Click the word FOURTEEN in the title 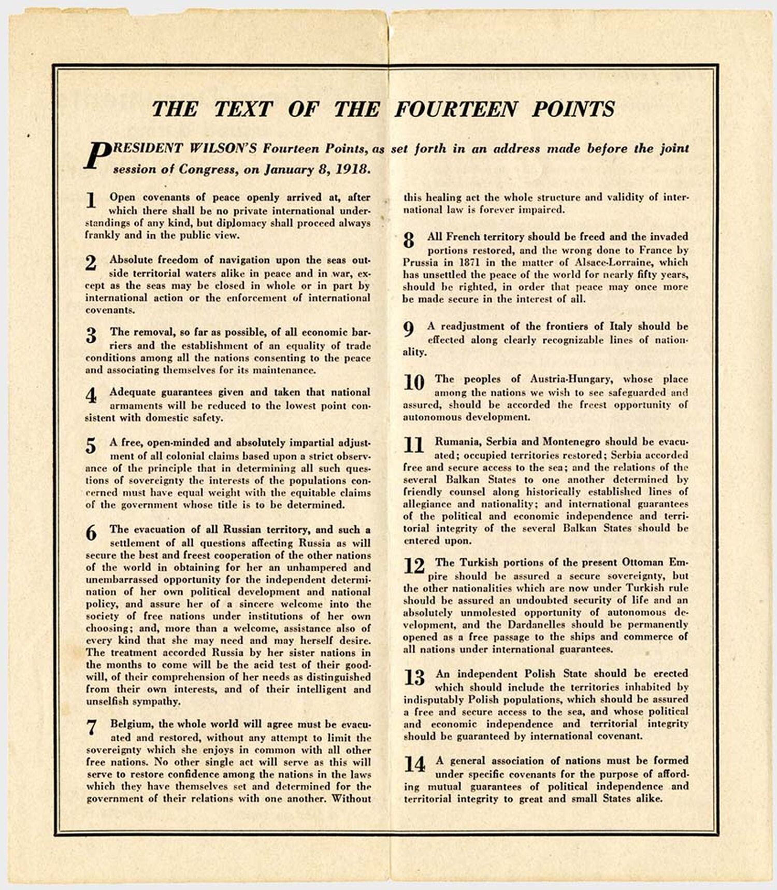coord(455,109)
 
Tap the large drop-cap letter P coord(97,155)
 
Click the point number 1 coord(91,200)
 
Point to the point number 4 coord(91,396)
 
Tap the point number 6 coord(91,532)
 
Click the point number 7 coord(92,728)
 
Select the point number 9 coord(409,329)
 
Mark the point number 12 coord(414,566)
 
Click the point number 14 coord(414,764)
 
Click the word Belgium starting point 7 coord(131,724)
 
